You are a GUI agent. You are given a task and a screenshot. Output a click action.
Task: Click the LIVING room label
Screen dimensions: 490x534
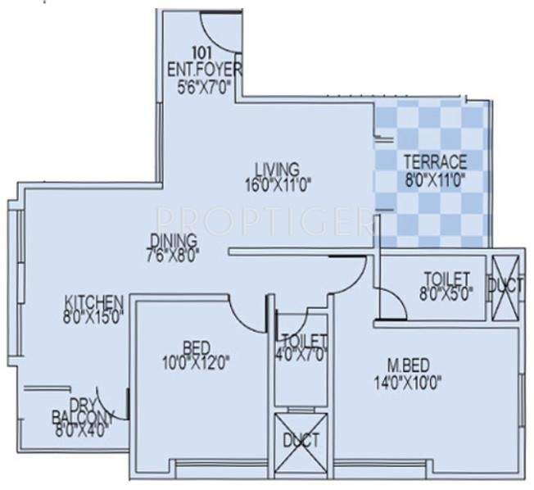pos(276,169)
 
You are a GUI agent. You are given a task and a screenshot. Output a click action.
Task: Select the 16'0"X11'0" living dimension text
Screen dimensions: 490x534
pos(277,184)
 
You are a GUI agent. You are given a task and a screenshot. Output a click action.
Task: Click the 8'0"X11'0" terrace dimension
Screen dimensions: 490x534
pos(432,176)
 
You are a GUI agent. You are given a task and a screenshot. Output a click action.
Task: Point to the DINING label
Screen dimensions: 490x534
pos(173,240)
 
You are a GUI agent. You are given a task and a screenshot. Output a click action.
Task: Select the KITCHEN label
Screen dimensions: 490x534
pos(94,302)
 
